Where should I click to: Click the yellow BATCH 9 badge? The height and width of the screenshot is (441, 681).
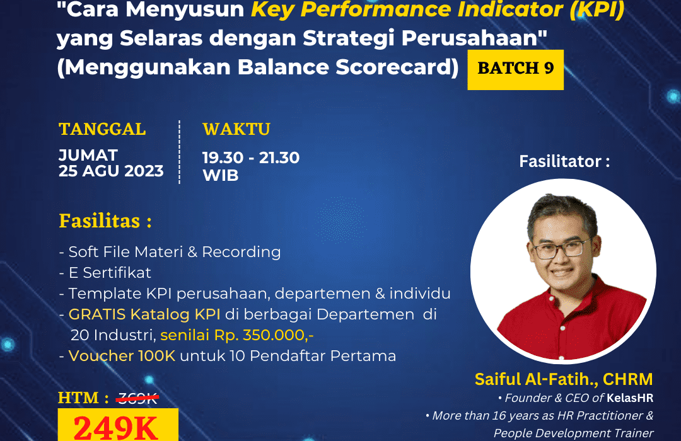click(x=515, y=69)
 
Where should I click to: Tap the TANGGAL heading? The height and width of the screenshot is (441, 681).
click(x=102, y=129)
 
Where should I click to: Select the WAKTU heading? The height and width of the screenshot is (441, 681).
click(x=236, y=129)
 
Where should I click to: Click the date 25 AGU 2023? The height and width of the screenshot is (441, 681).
click(x=111, y=171)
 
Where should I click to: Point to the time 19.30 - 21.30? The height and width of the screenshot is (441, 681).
click(x=251, y=157)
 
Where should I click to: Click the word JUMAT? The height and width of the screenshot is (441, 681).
click(x=88, y=155)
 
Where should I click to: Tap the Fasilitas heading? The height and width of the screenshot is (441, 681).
click(x=105, y=222)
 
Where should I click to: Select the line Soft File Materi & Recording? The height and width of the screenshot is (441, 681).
click(x=170, y=252)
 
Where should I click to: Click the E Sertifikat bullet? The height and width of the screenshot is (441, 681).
click(x=105, y=273)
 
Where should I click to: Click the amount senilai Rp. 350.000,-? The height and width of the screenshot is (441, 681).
click(x=237, y=335)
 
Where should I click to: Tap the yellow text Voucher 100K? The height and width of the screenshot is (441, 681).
click(x=123, y=356)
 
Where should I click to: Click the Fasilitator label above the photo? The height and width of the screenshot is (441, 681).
click(x=564, y=161)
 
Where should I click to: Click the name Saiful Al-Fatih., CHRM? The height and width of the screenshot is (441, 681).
click(x=564, y=379)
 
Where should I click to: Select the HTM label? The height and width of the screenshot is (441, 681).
click(x=79, y=398)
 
